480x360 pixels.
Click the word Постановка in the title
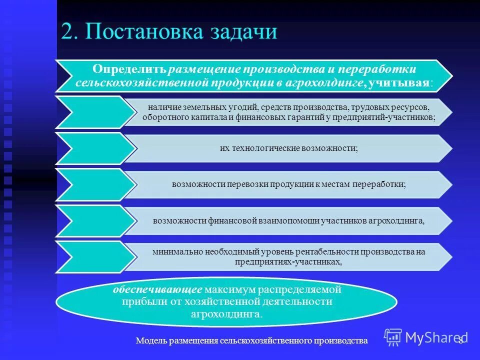[144, 32]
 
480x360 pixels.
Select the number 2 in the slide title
[68, 32]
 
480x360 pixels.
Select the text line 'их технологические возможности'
[288, 148]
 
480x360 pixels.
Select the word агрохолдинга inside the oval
[226, 314]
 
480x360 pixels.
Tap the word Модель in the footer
[150, 340]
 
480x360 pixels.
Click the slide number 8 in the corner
[460, 340]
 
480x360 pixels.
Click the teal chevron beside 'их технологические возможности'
[95, 148]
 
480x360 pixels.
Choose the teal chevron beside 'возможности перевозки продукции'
[95, 184]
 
